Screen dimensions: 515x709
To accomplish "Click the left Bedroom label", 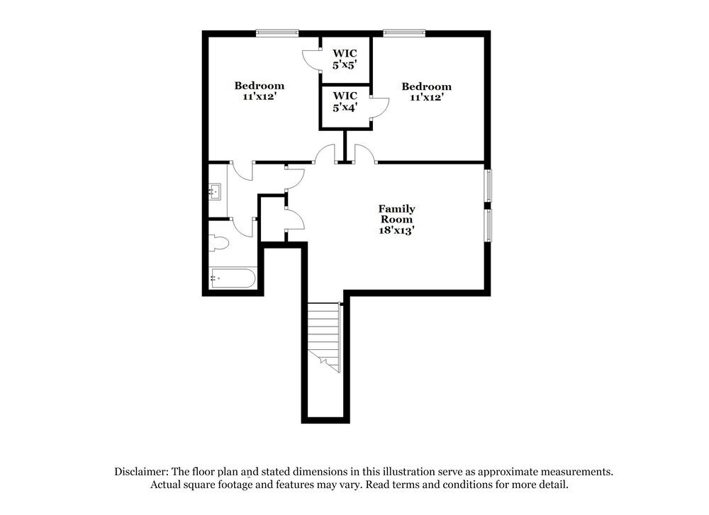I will coord(259,86).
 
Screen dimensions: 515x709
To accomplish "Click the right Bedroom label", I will coord(426,86).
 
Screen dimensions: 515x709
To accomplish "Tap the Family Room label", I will coord(396,214).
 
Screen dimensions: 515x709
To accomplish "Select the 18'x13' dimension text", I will coord(396,231).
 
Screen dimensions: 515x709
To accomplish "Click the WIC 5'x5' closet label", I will coord(345,59).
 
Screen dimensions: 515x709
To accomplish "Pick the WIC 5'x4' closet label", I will coord(345,101).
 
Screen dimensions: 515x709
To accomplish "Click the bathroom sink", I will coord(216,191).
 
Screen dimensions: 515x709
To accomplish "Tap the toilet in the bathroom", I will coord(219,244).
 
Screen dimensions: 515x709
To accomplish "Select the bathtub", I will coord(233,278).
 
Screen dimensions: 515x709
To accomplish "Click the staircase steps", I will coord(323,333).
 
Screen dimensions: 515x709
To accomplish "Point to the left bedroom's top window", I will coord(277,32).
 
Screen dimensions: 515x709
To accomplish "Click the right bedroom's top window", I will coord(404,32).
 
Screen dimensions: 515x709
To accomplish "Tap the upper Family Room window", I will coord(488,186).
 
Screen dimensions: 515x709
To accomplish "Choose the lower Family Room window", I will coord(488,225).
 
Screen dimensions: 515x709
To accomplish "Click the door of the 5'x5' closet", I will coord(311,59).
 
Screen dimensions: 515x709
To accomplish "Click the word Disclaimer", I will coord(142,471).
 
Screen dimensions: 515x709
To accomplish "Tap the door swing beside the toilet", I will coord(245,227).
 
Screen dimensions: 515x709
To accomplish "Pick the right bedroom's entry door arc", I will coord(364,154).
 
